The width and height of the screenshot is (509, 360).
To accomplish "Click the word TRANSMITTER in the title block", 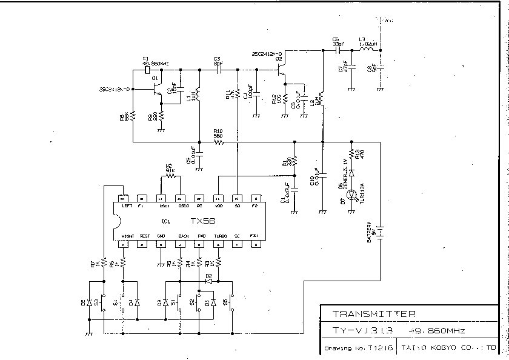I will [x=374, y=314].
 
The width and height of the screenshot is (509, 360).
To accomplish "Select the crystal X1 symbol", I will [x=146, y=70].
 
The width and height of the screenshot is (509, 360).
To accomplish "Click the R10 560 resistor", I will [x=218, y=142].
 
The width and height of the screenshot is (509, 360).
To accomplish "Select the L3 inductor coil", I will [x=367, y=51].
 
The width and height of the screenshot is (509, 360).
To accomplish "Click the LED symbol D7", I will [x=350, y=195].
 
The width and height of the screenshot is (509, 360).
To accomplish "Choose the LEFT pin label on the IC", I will [x=127, y=206].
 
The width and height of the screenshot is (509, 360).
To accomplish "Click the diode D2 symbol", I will [x=209, y=281].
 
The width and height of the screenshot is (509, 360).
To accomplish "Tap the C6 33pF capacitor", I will [x=337, y=51].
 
